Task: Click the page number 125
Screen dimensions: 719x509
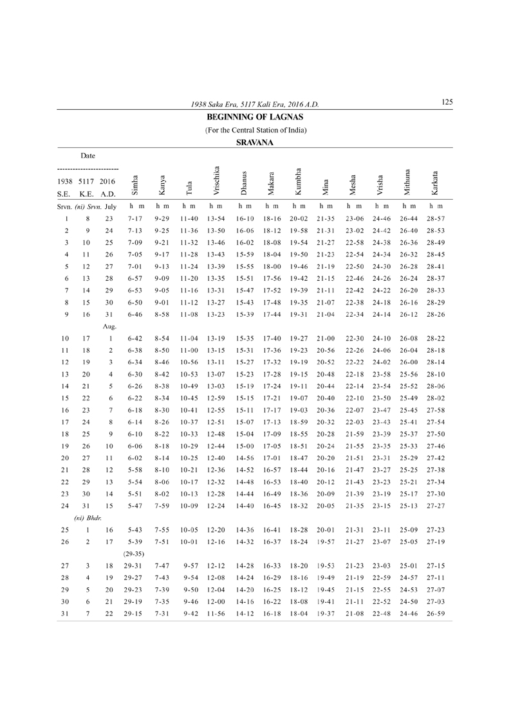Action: point(448,102)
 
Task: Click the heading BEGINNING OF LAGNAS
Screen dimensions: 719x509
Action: point(255,118)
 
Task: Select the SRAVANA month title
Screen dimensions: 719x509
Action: point(255,143)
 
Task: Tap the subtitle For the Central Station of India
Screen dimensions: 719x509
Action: point(255,130)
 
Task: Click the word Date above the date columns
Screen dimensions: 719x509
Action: point(89,155)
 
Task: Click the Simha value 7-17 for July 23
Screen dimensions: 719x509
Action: point(134,219)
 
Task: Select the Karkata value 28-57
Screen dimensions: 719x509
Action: point(436,219)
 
